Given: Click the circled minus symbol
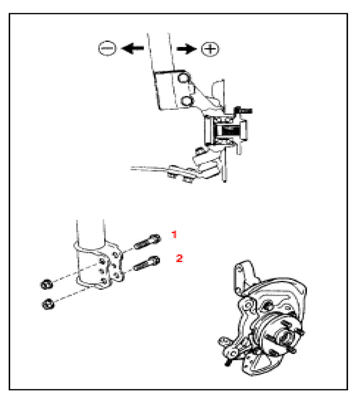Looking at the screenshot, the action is [x=107, y=48].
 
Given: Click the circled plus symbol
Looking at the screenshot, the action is [x=210, y=49].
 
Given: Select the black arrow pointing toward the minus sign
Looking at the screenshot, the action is [x=133, y=48].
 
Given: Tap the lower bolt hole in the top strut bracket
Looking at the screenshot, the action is [x=187, y=101].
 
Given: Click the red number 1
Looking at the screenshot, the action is [x=174, y=234].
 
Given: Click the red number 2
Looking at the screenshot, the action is [x=179, y=258].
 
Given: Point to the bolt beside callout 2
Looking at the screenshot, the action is [x=147, y=263].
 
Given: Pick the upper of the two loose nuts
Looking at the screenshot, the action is [x=47, y=284].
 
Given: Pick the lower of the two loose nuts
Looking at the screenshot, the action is [x=48, y=304].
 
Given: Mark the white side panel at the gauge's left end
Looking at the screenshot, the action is [x=208, y=131].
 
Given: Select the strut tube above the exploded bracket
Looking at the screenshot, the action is [x=91, y=232].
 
